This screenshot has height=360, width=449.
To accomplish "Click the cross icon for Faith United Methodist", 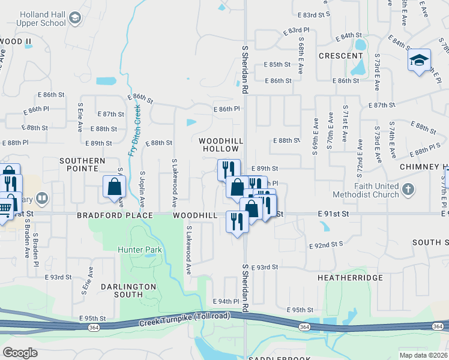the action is pyautogui.click(x=408, y=190).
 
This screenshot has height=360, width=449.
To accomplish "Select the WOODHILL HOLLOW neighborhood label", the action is pyautogui.click(x=221, y=144).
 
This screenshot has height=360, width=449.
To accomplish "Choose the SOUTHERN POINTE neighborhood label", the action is pyautogui.click(x=82, y=164).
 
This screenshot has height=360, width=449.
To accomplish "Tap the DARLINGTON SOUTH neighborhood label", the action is pyautogui.click(x=121, y=290).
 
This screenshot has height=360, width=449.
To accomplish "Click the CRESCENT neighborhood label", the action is pyautogui.click(x=339, y=55).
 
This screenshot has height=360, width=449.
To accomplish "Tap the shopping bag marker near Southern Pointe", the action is pyautogui.click(x=114, y=187).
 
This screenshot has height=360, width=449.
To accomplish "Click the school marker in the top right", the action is pyautogui.click(x=419, y=60).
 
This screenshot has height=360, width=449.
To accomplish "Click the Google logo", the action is pyautogui.click(x=20, y=353).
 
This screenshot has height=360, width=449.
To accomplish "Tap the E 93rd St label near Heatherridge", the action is pyautogui.click(x=265, y=267).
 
